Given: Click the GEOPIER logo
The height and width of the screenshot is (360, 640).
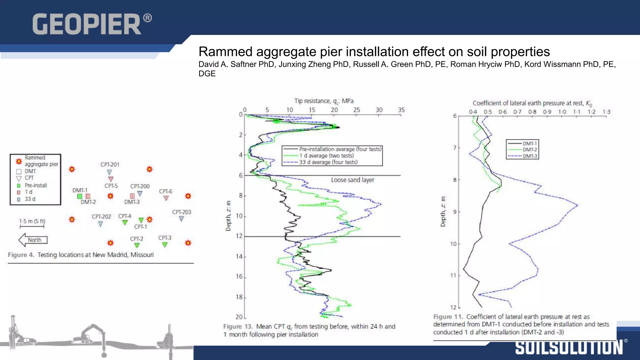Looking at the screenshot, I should point(92,24).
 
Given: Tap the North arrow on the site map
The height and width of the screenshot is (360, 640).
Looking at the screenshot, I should point(33,240).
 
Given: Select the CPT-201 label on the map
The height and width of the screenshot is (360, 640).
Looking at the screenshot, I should point(110,164).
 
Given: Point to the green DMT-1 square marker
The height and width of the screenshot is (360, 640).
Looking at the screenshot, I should point(80,196).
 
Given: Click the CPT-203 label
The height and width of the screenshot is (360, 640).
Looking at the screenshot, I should point(182,212).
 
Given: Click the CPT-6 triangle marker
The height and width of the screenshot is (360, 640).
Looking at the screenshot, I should point(166,198).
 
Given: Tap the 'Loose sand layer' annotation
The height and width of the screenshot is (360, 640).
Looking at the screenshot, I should point(352,180).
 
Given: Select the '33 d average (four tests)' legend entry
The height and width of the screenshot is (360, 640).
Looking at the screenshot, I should point(328,162).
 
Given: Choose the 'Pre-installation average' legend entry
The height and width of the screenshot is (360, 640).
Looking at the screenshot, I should point(340,149).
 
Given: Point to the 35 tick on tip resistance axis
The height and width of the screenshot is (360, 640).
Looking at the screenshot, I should point(401,110).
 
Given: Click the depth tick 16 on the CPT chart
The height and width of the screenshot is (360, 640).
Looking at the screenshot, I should point(239,277).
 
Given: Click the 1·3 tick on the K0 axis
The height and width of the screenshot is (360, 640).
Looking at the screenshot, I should point(606,112).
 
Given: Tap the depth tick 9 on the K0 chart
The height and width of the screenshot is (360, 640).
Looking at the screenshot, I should point(455,212).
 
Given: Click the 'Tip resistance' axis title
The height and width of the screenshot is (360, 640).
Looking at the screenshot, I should point(324,101).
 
